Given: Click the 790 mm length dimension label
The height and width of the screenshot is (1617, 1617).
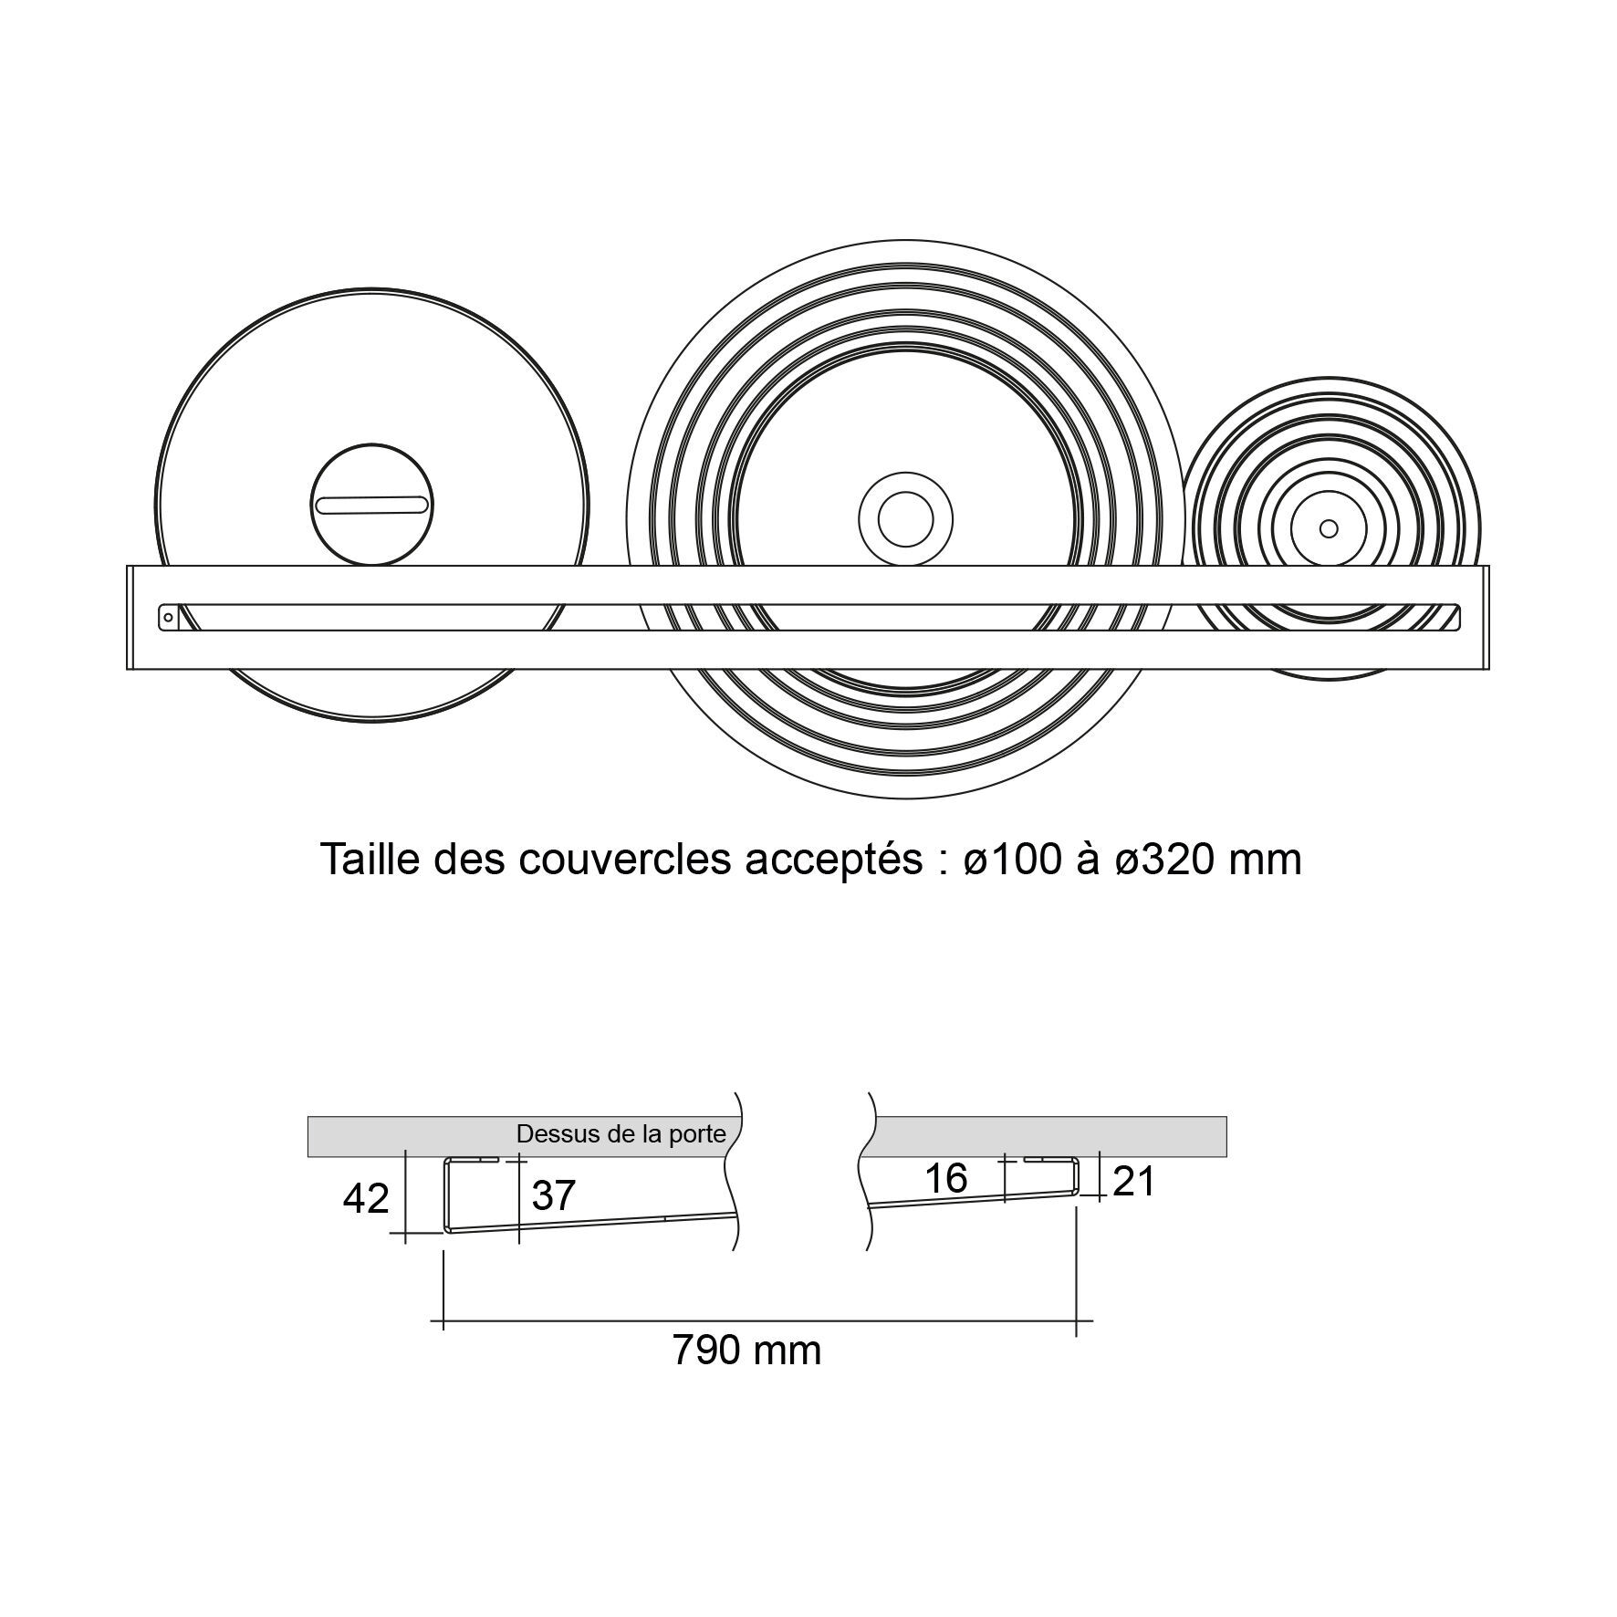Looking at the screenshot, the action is point(746,1350).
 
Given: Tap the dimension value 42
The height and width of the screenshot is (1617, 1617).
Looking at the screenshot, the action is point(366,1198).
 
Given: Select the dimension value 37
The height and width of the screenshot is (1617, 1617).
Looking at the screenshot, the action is point(553,1195).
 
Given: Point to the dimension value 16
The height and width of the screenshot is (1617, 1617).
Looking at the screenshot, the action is point(945,1178).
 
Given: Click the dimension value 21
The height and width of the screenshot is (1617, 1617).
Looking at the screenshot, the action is point(1134,1182).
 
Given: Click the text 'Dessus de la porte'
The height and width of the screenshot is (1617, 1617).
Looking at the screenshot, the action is point(621,1134).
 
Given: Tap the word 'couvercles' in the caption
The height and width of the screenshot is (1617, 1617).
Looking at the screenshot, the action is point(625,859).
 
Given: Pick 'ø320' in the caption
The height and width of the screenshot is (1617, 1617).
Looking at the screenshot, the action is point(1164,859).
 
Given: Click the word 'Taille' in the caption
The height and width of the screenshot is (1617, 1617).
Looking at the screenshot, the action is point(370,859).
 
